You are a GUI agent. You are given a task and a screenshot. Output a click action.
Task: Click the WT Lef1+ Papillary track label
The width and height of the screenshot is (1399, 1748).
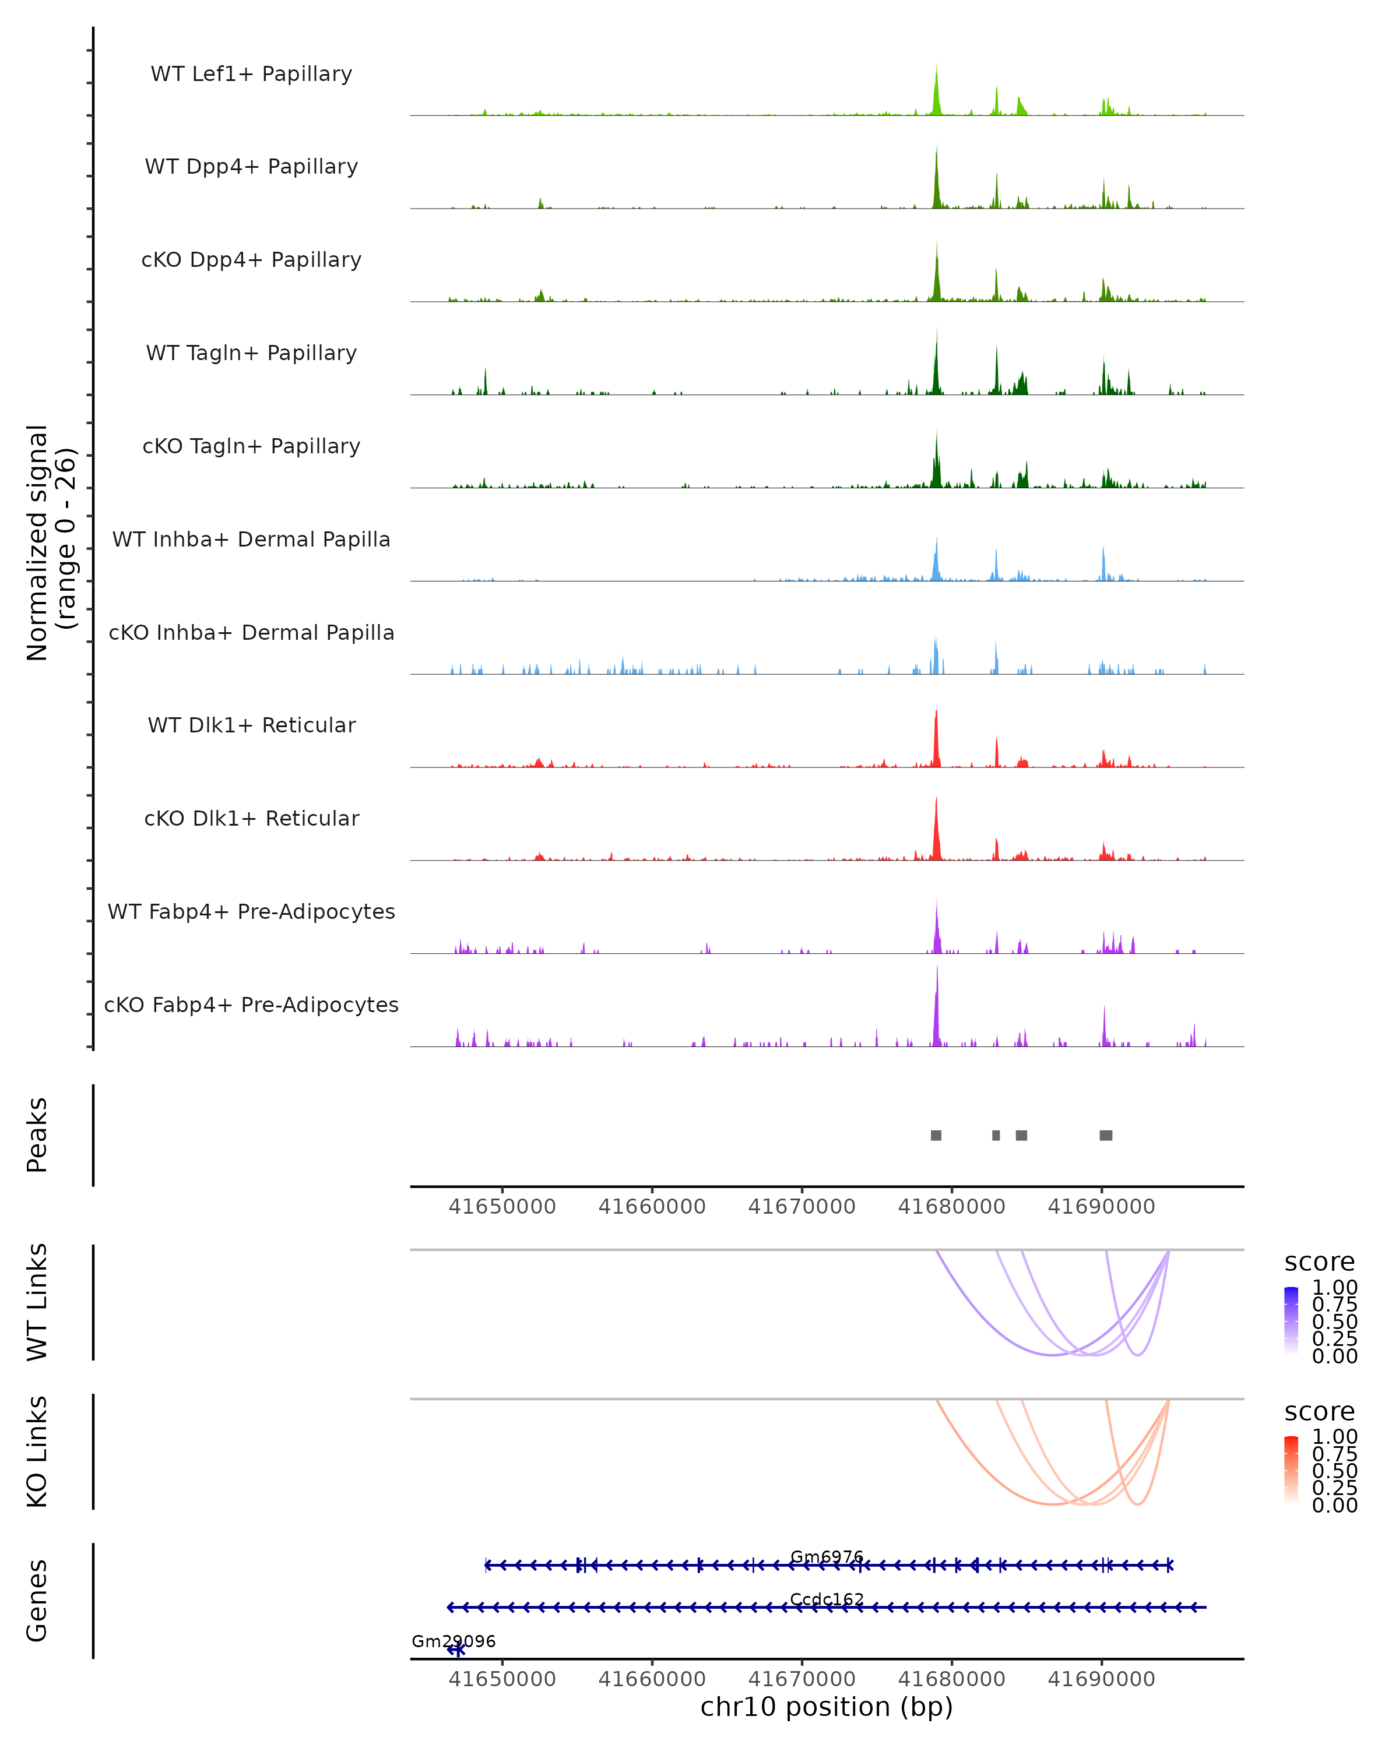coord(251,74)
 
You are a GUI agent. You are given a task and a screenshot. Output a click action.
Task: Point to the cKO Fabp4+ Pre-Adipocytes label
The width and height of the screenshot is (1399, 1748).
coord(251,1005)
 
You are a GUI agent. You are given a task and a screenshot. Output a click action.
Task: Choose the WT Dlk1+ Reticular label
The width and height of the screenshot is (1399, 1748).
coord(251,725)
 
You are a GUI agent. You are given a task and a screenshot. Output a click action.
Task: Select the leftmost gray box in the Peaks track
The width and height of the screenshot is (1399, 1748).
coord(936,1135)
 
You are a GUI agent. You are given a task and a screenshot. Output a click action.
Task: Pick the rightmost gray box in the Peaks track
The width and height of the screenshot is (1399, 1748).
coord(1105,1135)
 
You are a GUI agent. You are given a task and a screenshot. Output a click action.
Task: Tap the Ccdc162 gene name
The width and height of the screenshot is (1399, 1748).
coord(827,1599)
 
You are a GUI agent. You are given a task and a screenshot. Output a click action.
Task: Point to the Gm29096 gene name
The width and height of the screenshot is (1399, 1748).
coord(454,1641)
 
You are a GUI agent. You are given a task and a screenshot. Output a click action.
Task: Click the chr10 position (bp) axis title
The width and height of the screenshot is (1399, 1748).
coord(827,1707)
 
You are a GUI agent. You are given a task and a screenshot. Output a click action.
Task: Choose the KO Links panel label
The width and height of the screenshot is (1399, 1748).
coord(37,1451)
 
